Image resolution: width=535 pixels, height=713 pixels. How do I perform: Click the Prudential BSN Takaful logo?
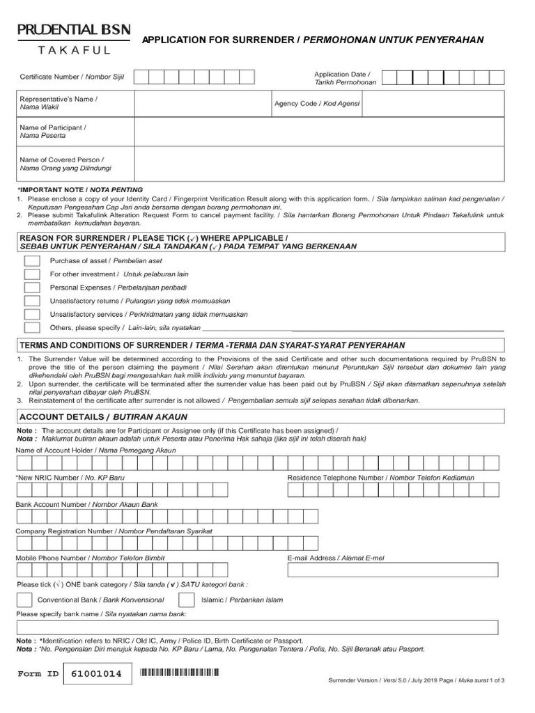tap(68, 40)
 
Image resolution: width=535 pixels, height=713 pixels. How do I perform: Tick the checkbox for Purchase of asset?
tap(32, 261)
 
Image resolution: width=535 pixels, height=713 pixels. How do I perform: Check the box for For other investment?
tap(32, 274)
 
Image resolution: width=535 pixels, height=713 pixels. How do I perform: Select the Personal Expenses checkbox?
tap(32, 288)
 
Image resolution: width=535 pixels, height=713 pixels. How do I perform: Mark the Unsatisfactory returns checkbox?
tap(32, 301)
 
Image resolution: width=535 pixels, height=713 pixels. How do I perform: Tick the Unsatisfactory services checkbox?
tap(32, 314)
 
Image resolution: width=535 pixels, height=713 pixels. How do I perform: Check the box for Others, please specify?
tap(32, 327)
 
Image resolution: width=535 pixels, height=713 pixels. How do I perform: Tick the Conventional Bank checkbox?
tap(24, 600)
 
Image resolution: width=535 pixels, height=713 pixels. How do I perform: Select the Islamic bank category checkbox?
tap(187, 600)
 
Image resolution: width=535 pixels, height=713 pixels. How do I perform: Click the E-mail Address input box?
tap(393, 570)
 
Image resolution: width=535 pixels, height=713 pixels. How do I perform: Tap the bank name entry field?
tap(257, 627)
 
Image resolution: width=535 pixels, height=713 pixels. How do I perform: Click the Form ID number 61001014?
tap(97, 675)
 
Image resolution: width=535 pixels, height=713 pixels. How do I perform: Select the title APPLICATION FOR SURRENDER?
tap(218, 40)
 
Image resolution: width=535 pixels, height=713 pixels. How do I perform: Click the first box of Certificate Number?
tap(141, 77)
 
